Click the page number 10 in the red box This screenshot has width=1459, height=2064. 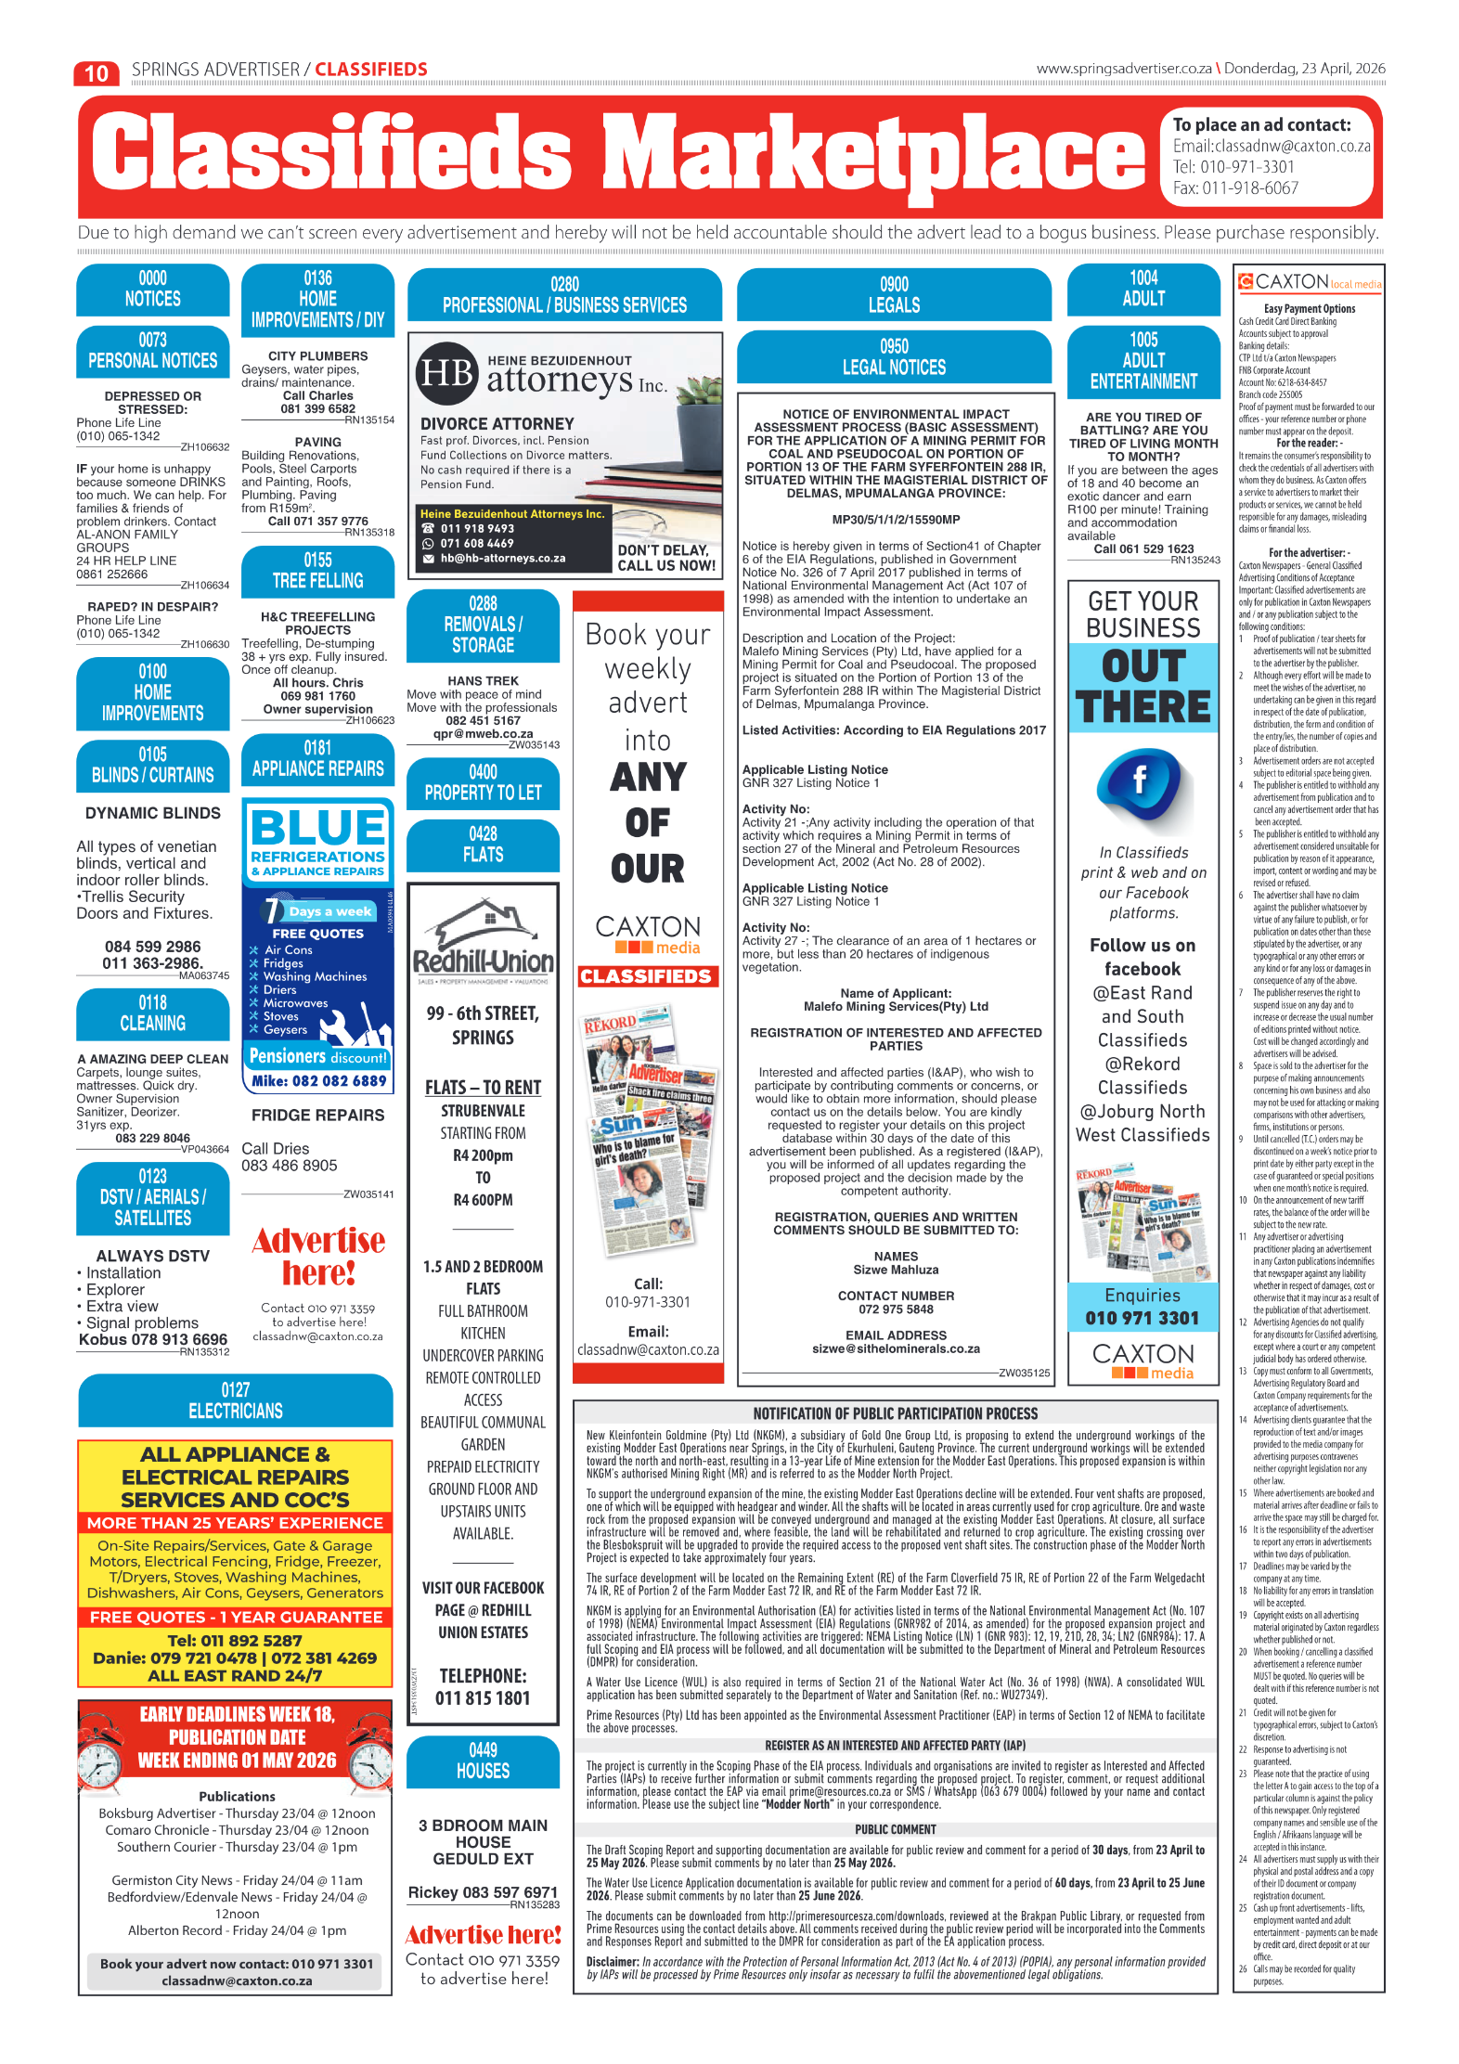click(97, 73)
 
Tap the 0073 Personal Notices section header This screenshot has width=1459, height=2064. click(152, 351)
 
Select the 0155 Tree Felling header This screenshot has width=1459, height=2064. click(317, 571)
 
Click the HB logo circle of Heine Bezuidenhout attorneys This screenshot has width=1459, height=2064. click(448, 374)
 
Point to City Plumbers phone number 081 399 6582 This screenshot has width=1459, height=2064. click(317, 408)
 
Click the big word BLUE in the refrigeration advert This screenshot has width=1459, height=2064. click(317, 826)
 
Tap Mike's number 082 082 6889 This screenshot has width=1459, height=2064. click(318, 1081)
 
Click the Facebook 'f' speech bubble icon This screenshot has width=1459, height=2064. click(1140, 782)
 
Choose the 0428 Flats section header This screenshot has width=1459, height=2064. click(483, 845)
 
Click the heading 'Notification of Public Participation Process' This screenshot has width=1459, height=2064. click(895, 1413)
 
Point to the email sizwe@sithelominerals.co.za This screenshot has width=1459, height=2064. click(896, 1348)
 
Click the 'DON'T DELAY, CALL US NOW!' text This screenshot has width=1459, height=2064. click(666, 558)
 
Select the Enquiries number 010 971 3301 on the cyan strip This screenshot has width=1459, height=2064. click(1142, 1318)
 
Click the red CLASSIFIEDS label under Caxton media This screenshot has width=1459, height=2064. click(646, 976)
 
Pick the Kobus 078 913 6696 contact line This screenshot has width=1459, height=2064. click(153, 1339)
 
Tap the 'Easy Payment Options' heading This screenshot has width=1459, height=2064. click(1309, 309)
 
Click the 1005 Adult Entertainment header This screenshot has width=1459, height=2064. click(1143, 361)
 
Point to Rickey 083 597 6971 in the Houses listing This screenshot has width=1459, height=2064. click(483, 1892)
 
